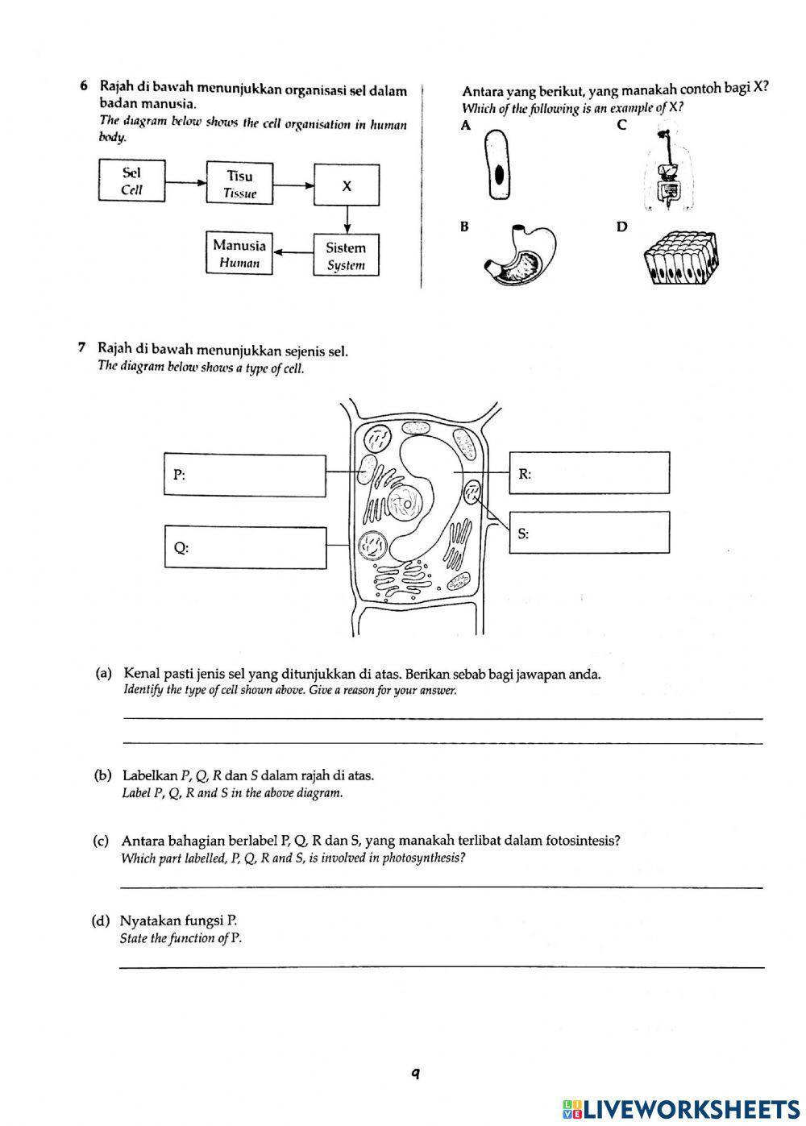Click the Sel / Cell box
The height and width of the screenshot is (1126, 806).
[x=132, y=181]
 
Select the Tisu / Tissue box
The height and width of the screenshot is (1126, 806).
[x=239, y=183]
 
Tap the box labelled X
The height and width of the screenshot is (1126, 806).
[x=347, y=186]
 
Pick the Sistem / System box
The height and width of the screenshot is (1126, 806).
[x=346, y=256]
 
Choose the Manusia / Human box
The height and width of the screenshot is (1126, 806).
[x=239, y=253]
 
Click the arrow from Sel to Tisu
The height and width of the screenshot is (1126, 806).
[x=185, y=182]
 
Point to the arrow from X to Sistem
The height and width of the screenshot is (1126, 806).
[x=347, y=220]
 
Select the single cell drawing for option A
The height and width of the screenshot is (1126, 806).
[x=499, y=165]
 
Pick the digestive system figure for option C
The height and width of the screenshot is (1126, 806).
[x=667, y=171]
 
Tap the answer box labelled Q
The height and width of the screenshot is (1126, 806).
[x=245, y=547]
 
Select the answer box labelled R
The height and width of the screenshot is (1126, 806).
[x=589, y=472]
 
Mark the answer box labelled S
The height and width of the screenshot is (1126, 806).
[x=589, y=532]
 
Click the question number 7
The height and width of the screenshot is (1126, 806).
[x=81, y=348]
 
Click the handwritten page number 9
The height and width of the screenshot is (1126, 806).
[x=415, y=1073]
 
